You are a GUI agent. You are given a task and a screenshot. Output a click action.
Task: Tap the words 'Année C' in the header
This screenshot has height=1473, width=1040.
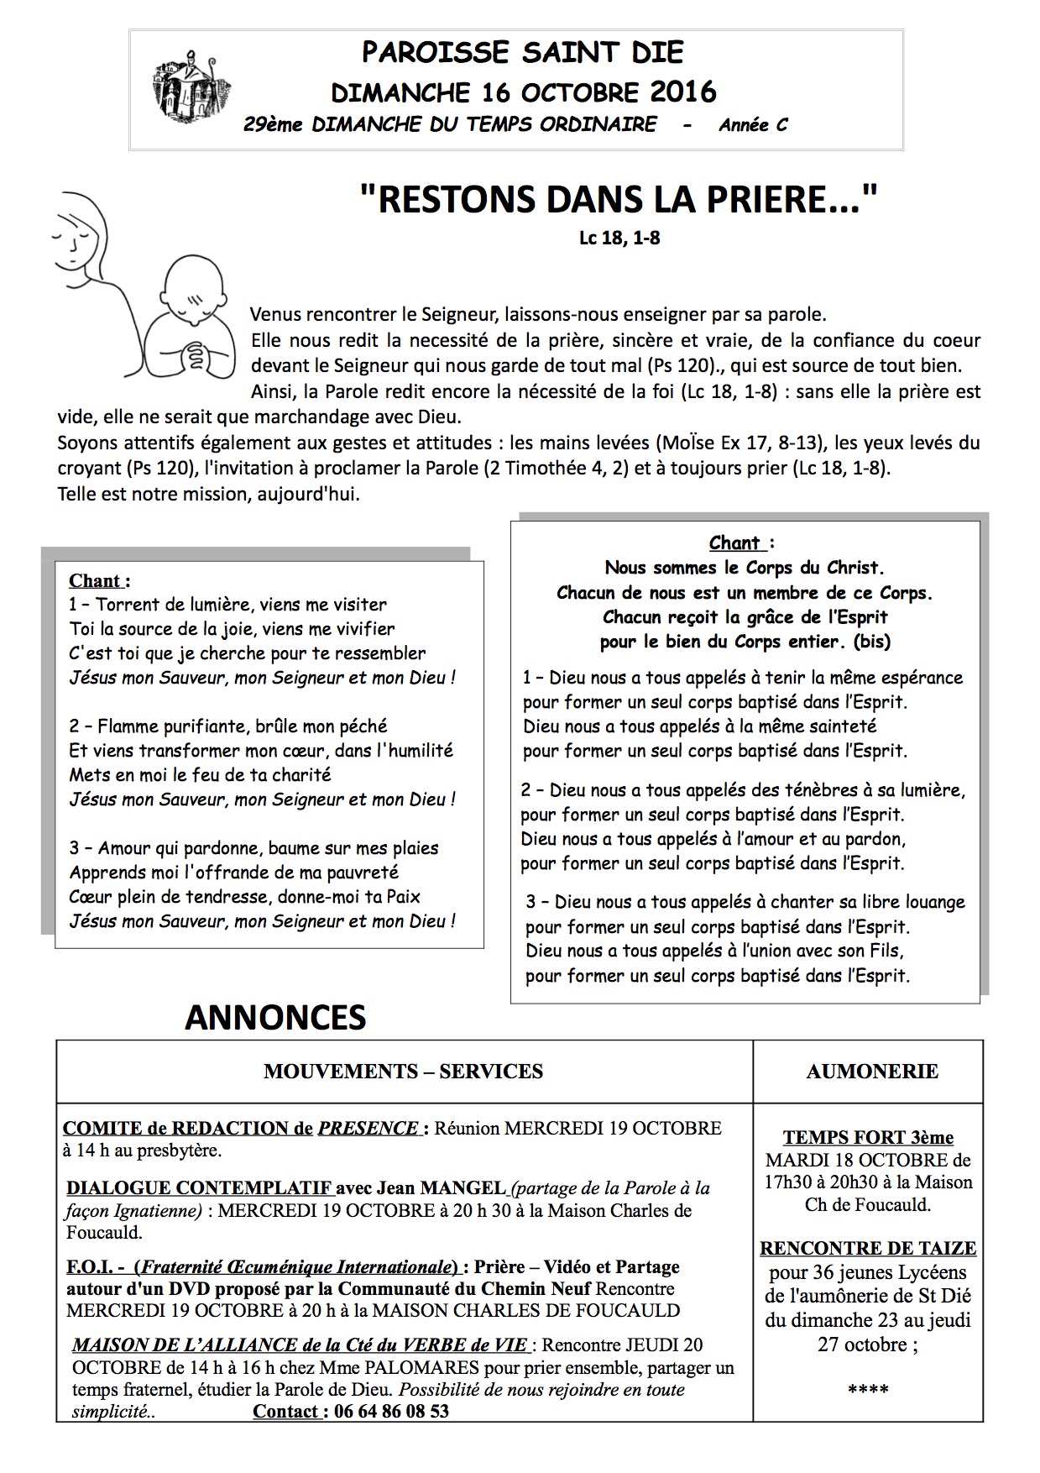pyautogui.click(x=753, y=125)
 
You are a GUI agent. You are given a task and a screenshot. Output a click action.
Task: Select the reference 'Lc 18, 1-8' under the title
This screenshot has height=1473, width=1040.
pyautogui.click(x=619, y=238)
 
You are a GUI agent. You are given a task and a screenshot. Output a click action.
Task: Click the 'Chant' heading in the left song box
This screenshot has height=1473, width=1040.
pyautogui.click(x=97, y=580)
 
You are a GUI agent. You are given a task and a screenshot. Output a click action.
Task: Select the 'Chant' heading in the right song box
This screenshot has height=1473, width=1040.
pyautogui.click(x=735, y=543)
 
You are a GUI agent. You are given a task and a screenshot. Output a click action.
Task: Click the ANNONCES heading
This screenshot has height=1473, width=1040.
pyautogui.click(x=275, y=1018)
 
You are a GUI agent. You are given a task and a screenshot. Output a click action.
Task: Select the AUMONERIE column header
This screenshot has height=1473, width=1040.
pyautogui.click(x=872, y=1071)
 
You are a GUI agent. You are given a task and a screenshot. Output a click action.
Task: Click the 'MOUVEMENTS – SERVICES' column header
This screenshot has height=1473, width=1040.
pyautogui.click(x=403, y=1071)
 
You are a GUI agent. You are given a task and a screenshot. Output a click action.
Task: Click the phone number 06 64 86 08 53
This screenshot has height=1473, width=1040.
pyautogui.click(x=391, y=1411)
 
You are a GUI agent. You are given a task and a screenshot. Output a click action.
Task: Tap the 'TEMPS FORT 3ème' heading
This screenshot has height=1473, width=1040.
pyautogui.click(x=868, y=1138)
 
